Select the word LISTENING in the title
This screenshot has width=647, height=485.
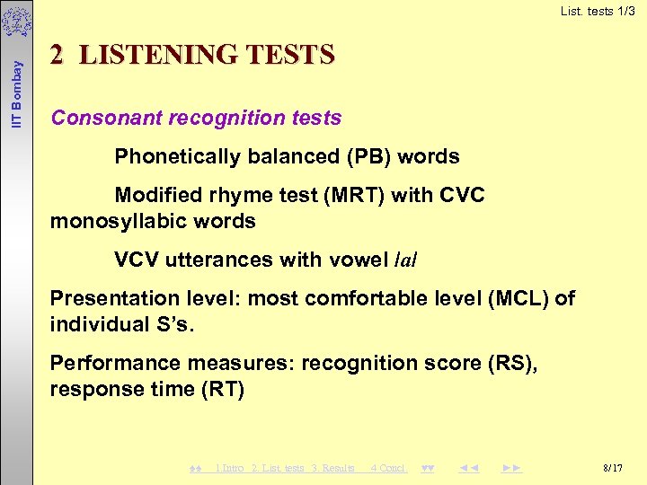tap(158, 56)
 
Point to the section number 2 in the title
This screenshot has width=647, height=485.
tap(57, 56)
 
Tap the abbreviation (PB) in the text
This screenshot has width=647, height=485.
tap(365, 156)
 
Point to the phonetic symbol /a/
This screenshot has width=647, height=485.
tap(406, 260)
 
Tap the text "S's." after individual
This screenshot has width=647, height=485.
tap(170, 323)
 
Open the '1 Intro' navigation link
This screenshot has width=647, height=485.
tap(229, 468)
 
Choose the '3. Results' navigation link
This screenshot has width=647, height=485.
tap(332, 468)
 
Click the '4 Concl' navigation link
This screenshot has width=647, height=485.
tap(388, 468)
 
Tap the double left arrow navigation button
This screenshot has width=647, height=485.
tap(469, 468)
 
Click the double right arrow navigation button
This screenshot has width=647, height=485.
tap(512, 468)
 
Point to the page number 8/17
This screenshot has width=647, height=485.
tap(613, 468)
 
